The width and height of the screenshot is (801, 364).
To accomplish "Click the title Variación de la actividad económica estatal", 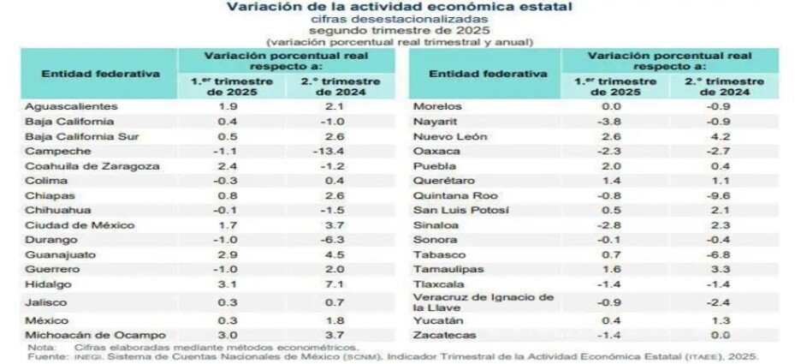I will pyautogui.click(x=400, y=7).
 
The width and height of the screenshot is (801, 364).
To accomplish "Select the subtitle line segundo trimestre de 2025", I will pyautogui.click(x=400, y=29).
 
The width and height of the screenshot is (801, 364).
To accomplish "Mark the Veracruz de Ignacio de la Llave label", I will pyautogui.click(x=484, y=301).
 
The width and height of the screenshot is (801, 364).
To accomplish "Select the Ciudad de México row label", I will pyautogui.click(x=68, y=225).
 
